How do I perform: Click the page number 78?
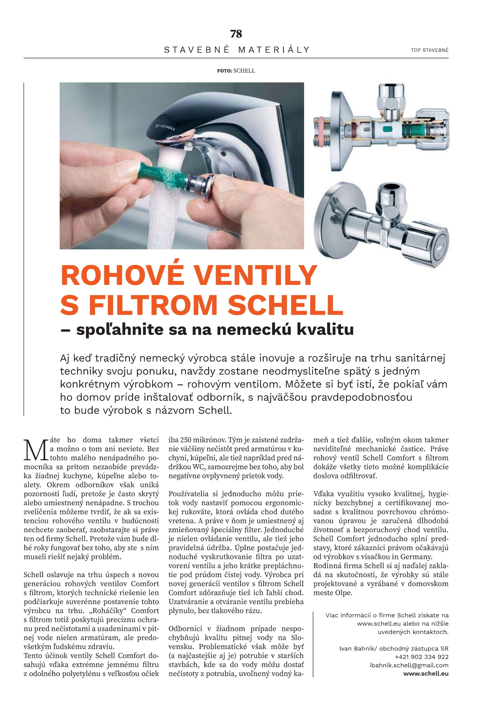(x=236, y=34)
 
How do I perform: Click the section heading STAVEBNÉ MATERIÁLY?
(x=237, y=50)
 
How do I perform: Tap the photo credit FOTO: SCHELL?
(x=236, y=71)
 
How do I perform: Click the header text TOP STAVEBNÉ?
(x=429, y=50)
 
